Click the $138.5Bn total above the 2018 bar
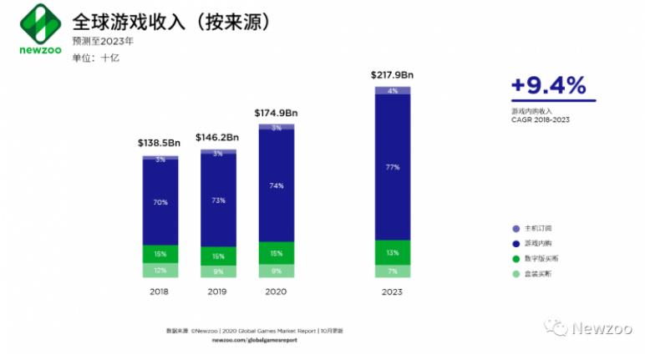pos(159,144)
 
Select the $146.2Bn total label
pos(217,137)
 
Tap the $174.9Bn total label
pos(276,112)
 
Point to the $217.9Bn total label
pos(392,75)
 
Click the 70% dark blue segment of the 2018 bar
pos(160,201)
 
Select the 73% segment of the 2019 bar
pos(218,201)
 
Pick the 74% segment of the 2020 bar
pos(277,185)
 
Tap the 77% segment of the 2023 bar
pos(393,167)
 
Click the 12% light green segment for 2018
pos(160,270)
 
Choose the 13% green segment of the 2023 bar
pos(393,252)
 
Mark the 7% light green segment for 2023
pos(393,271)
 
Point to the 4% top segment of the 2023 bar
pos(393,90)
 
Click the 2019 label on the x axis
pos(218,292)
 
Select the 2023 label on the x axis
pos(393,292)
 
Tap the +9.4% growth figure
pos(547,87)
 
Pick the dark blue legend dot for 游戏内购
pos(515,243)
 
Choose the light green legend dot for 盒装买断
pos(515,274)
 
